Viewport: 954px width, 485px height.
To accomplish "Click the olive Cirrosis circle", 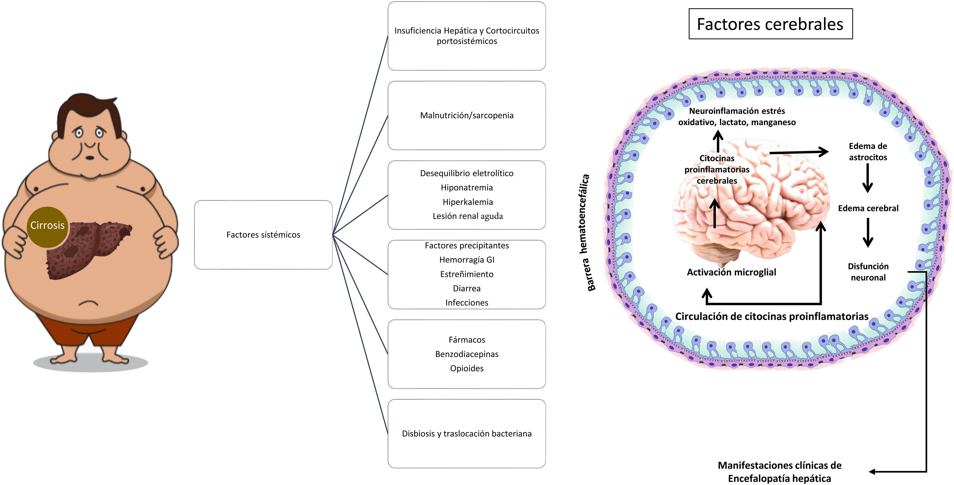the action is pos(47,227).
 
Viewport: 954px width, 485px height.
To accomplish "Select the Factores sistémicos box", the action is pos(263,235).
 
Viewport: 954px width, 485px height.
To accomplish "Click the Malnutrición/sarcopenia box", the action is pos(467,115).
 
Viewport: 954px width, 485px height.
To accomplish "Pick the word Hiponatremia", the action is pos(467,187).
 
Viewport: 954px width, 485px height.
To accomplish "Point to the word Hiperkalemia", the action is pos(468,202).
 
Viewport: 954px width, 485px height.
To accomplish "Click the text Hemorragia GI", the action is pos(467,260).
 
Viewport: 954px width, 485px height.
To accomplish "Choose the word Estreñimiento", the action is pos(467,274).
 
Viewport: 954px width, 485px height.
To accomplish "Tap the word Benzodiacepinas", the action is pos(467,354).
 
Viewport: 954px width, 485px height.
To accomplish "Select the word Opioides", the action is pos(467,368).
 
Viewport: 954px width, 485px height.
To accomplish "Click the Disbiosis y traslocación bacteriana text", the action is pos(467,434).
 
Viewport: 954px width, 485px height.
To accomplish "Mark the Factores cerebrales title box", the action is pos(770,24).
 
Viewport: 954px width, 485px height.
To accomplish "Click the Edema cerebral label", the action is pos(868,208).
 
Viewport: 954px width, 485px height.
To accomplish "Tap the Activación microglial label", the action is pos(732,272).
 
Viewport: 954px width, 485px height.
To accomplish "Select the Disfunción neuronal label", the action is pos(868,272).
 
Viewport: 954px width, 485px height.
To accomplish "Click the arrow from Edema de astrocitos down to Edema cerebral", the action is pos(867,178).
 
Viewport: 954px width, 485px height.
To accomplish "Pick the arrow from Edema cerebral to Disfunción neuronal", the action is pos(868,233).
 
